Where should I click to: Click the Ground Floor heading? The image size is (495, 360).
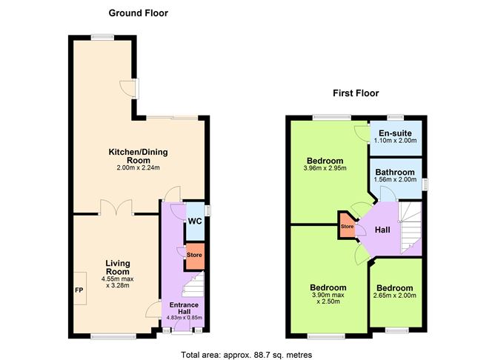(139, 13)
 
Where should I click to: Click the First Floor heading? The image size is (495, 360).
(356, 93)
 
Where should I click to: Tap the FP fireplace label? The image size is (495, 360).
(79, 290)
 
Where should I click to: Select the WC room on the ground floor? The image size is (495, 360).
(195, 221)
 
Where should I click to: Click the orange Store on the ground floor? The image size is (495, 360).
(194, 256)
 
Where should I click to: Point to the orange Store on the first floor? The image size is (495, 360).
(347, 225)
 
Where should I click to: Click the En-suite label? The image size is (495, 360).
(395, 133)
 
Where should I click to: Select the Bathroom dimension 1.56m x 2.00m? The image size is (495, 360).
(395, 179)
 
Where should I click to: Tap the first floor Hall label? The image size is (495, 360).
(382, 230)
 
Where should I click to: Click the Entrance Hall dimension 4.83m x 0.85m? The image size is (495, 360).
(185, 318)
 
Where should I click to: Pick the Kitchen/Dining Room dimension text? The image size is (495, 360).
(139, 167)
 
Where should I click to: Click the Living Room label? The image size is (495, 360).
(117, 267)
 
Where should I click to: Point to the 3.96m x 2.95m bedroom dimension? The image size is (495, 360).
(325, 168)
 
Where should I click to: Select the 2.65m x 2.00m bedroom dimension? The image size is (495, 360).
(395, 296)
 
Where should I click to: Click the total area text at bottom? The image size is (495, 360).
(247, 355)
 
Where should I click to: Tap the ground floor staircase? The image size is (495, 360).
(193, 284)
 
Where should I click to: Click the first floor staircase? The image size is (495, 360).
(410, 228)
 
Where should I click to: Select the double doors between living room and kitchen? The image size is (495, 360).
(117, 207)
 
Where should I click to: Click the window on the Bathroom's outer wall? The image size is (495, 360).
(425, 184)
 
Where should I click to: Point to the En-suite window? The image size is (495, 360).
(396, 118)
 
